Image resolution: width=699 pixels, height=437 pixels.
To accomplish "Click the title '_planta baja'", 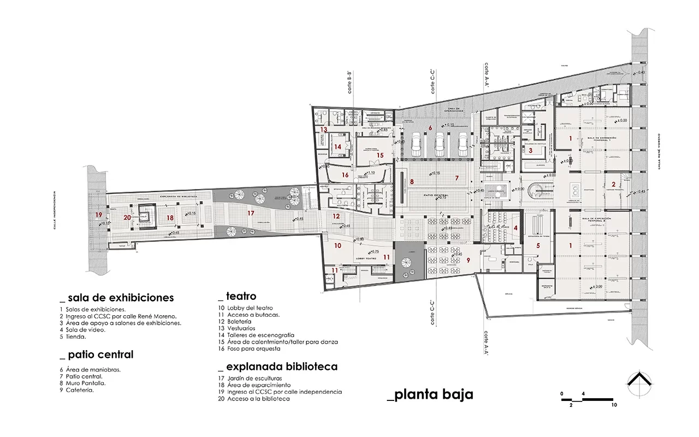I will pos(429,394).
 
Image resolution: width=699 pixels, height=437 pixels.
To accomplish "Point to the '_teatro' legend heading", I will pos(237,297).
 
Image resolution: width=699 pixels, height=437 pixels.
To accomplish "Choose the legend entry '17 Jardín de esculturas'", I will pos(251,379).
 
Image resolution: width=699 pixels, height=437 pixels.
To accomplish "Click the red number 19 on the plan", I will pos(98,215).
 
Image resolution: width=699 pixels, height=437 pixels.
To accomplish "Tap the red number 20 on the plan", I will pos(127,217).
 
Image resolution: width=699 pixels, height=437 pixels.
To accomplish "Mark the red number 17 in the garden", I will pos(251,213).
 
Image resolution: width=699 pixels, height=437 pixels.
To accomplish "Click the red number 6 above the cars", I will pos(430,128).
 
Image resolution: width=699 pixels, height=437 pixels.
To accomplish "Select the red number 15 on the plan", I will pos(380,155).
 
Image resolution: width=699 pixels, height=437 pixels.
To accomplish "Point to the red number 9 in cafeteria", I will pos(468,260).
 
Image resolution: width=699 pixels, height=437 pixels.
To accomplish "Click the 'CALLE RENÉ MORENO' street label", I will pos(659,150).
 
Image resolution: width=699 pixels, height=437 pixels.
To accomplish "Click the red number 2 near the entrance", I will pos(613,184).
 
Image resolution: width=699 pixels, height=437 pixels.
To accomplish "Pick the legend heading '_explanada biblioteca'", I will pos(277,367).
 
